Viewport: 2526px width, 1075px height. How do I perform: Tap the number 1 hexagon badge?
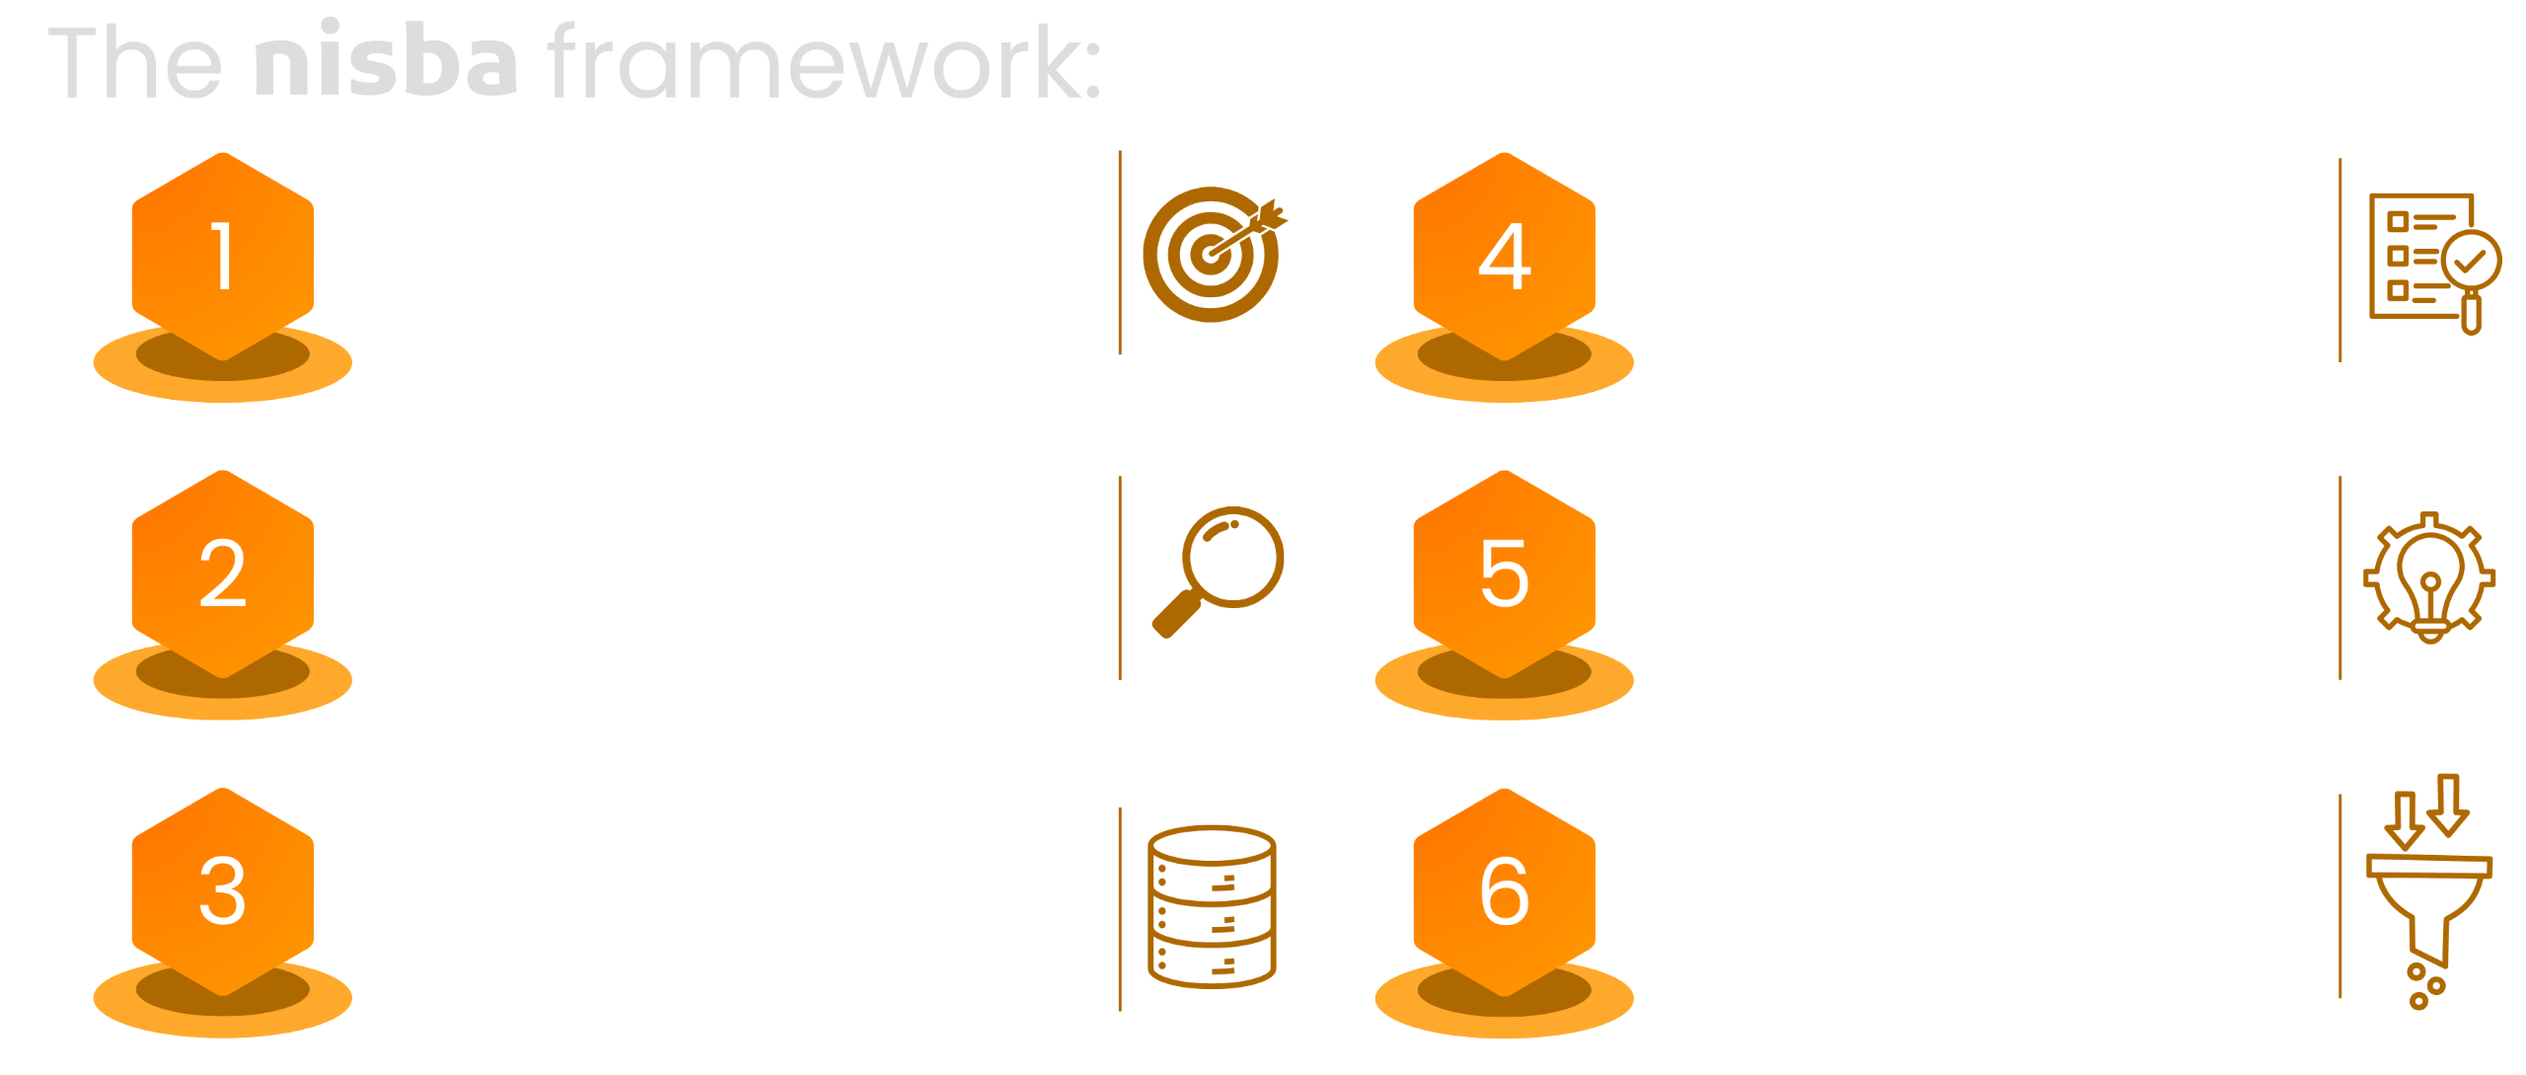(x=223, y=257)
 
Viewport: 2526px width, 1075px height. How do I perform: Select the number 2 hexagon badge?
(x=223, y=575)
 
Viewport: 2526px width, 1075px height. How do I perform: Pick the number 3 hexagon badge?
(x=223, y=892)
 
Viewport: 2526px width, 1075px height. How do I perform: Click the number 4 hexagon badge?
(x=1504, y=257)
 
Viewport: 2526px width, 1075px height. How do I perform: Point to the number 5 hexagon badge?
(x=1504, y=575)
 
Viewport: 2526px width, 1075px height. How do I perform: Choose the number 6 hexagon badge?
(x=1504, y=892)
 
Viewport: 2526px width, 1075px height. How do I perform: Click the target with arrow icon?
(x=1214, y=254)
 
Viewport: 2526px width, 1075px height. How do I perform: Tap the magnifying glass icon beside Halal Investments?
(x=1218, y=571)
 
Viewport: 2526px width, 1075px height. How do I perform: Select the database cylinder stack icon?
(x=1212, y=906)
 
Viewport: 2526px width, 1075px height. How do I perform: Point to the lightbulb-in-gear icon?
(x=2428, y=578)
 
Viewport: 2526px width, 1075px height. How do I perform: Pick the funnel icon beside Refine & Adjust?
(x=2428, y=892)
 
